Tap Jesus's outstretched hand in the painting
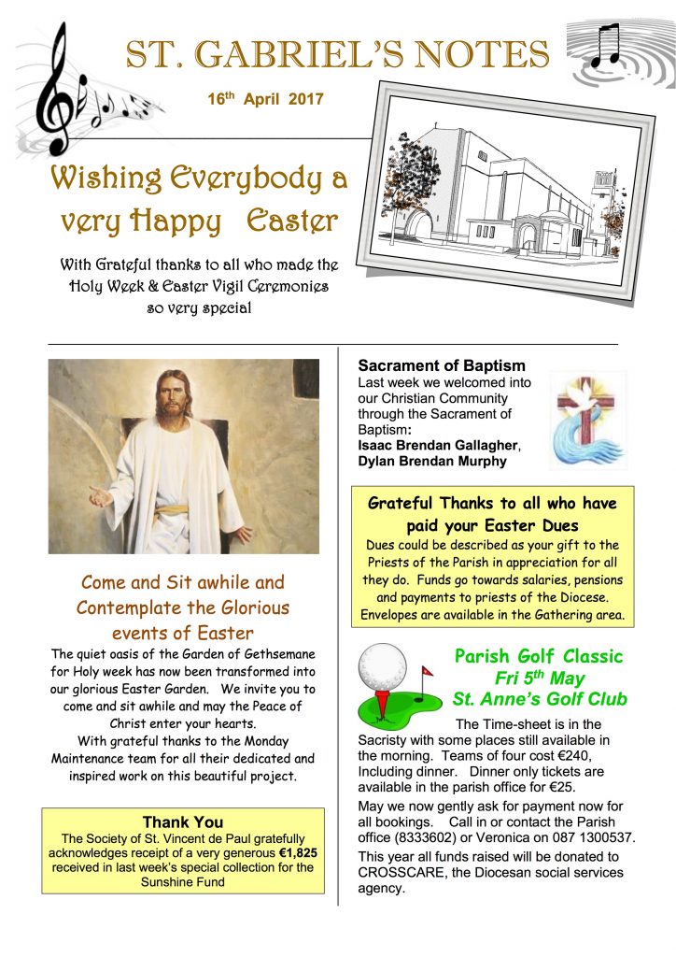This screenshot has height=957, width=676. point(100,495)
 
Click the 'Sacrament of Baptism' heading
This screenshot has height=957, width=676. point(442,365)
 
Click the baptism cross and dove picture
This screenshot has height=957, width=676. point(588,418)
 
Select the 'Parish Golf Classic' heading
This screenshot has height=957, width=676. point(539,656)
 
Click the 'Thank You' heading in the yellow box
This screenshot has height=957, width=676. point(182,822)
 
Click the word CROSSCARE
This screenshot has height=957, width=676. point(402,872)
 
